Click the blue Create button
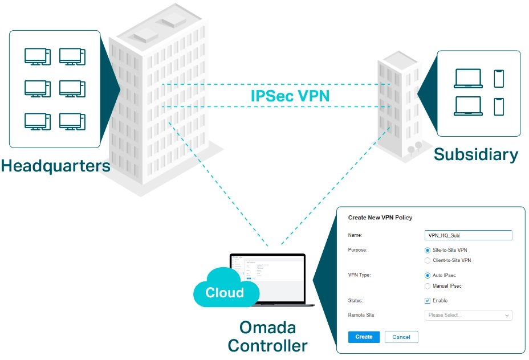pos(364,337)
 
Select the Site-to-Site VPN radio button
pos(428,250)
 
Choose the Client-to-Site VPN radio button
pos(428,260)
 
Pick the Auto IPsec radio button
pos(428,275)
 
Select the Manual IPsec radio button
pos(428,285)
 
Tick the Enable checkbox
pos(428,300)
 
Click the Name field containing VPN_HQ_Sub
pos(469,235)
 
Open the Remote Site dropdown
pos(469,315)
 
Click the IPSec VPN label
pos(290,95)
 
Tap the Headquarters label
pos(55,166)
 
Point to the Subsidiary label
pos(476,154)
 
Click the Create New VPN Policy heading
pos(380,218)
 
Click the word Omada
pos(267,329)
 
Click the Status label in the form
pos(355,300)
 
